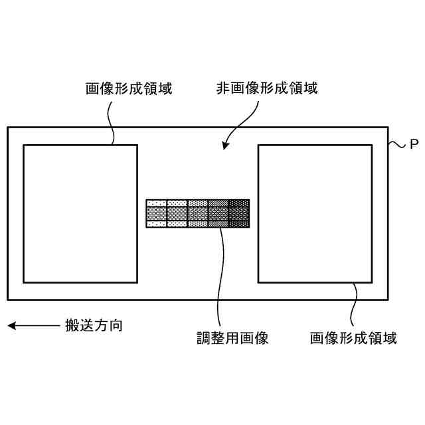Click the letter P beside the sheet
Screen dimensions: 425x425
414,143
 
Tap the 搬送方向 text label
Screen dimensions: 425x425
94,325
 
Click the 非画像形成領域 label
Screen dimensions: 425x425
266,88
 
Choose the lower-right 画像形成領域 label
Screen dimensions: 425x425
353,338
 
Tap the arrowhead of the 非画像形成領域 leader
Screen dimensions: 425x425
226,145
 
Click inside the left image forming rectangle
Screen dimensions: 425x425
80,212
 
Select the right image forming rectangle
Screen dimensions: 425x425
315,212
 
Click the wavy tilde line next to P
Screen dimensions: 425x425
396,143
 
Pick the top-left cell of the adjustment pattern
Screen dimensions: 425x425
156,203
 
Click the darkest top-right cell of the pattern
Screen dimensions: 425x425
239,203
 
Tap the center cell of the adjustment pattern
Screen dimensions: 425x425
198,212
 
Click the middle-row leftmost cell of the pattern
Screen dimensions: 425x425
156,212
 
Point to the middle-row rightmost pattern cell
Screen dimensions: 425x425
239,212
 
